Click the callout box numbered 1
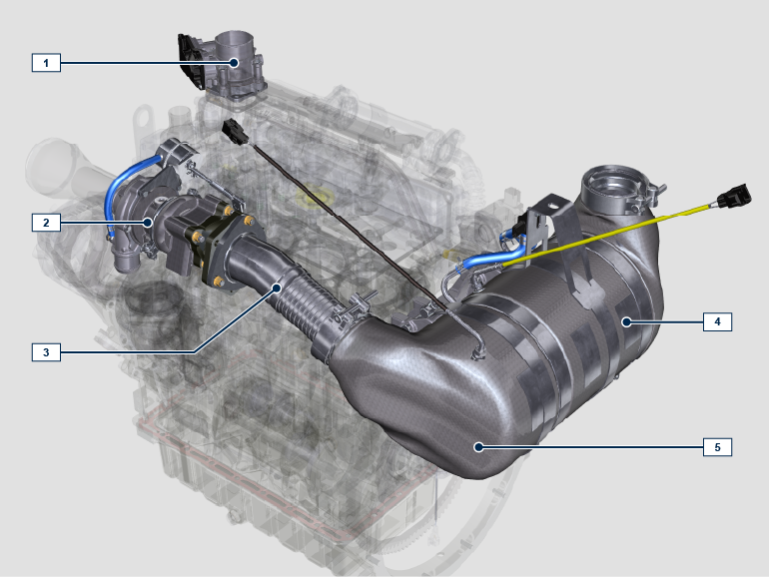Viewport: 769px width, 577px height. coord(46,63)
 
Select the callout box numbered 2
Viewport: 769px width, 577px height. coord(46,223)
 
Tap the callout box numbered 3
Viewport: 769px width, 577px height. coord(46,352)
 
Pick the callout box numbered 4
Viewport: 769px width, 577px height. coord(717,321)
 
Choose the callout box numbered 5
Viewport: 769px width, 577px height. coord(717,447)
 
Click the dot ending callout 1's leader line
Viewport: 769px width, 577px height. coord(235,62)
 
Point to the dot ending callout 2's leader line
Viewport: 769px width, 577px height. coord(148,222)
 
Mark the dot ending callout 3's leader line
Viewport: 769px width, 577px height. coord(277,288)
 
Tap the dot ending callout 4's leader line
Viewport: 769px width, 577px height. coord(626,322)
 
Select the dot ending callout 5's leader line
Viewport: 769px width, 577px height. coord(478,446)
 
